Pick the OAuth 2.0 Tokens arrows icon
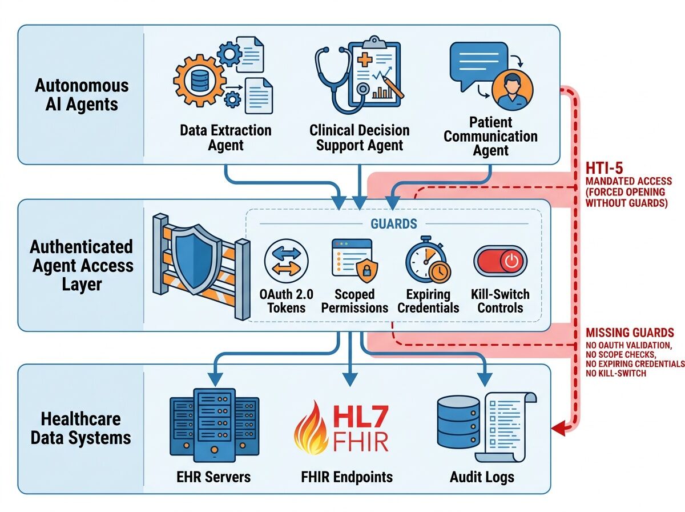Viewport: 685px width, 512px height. click(x=286, y=261)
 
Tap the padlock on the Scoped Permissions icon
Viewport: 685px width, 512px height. click(x=363, y=270)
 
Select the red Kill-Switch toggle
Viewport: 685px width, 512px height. click(x=500, y=261)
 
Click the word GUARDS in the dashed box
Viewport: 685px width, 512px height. click(x=393, y=223)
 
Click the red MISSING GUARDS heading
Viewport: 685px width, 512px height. click(x=630, y=333)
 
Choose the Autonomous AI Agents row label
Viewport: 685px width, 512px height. click(x=82, y=95)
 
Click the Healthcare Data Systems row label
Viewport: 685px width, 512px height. click(x=80, y=428)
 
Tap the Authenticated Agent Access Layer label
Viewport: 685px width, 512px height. click(x=82, y=265)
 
